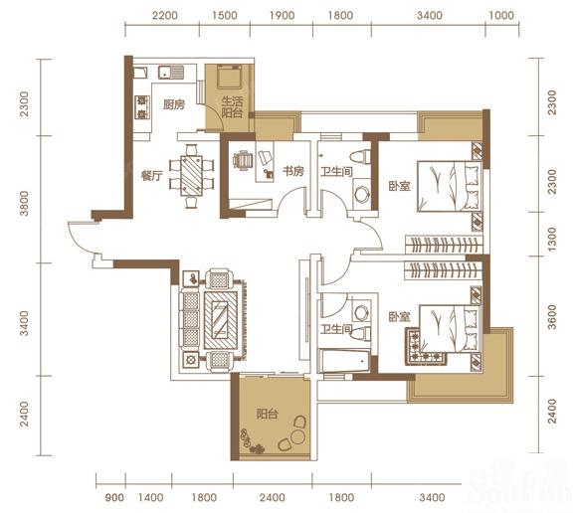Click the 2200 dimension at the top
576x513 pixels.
pyautogui.click(x=165, y=16)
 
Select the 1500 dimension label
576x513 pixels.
pyautogui.click(x=225, y=16)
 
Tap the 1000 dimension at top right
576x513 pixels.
pyautogui.click(x=501, y=16)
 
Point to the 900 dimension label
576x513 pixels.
pyautogui.click(x=114, y=497)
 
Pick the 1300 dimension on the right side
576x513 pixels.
pyautogui.click(x=552, y=240)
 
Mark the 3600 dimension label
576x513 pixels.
pyautogui.click(x=552, y=317)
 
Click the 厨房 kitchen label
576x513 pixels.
pyautogui.click(x=174, y=105)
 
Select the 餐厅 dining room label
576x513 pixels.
pyautogui.click(x=152, y=176)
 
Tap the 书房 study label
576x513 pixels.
pyautogui.click(x=293, y=171)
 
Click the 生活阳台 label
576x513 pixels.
pyautogui.click(x=232, y=106)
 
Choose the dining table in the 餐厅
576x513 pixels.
pyautogui.click(x=191, y=176)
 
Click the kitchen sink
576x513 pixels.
pyautogui.click(x=171, y=73)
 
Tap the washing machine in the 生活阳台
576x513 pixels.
pyautogui.click(x=229, y=77)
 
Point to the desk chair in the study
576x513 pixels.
pyautogui.click(x=243, y=161)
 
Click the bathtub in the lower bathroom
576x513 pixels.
pyautogui.click(x=344, y=361)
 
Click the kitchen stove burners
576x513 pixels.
pyautogui.click(x=141, y=107)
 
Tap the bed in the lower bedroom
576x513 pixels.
pyautogui.click(x=451, y=329)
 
